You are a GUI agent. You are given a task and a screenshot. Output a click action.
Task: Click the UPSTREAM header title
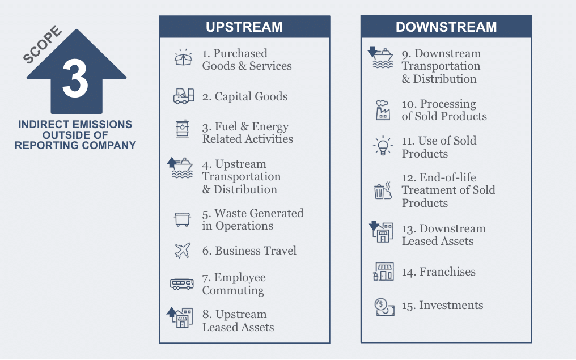244,27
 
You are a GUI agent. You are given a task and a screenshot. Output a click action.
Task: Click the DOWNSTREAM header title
446,27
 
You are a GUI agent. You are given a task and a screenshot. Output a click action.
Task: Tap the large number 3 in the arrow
75,79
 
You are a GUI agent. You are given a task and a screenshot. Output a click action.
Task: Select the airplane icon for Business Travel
183,251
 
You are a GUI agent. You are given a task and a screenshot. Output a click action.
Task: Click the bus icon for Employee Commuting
182,283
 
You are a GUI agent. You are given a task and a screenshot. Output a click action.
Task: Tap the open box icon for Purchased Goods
183,57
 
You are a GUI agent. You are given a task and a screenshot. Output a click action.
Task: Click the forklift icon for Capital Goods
183,96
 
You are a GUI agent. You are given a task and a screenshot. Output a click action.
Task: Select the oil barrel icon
183,129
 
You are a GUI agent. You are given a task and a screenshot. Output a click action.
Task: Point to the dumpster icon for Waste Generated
183,219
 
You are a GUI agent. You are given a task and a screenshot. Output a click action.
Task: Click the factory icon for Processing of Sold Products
383,110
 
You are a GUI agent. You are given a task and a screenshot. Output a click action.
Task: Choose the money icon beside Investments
384,307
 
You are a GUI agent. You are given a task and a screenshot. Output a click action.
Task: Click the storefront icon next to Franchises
384,272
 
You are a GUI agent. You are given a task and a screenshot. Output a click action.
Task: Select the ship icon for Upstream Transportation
181,168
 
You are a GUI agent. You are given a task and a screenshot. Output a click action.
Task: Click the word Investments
451,305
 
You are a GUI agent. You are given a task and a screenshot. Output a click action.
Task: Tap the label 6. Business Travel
249,251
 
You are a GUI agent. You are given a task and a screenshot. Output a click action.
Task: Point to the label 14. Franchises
438,272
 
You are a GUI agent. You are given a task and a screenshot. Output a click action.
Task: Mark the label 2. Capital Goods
244,96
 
